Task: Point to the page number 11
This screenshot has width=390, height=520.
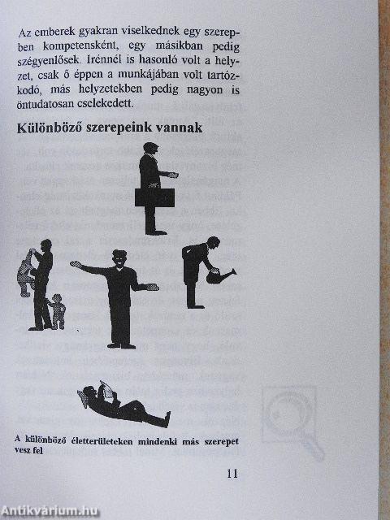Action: pos(232,474)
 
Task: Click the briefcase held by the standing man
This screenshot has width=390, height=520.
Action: pos(154,197)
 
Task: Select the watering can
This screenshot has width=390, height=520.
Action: pos(219,276)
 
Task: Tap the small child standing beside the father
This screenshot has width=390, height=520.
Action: pos(57,312)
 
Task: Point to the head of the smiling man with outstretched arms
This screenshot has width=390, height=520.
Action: pos(119,258)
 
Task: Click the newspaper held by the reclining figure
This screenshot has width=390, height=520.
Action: pos(106,390)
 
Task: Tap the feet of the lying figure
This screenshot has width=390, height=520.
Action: pos(167,418)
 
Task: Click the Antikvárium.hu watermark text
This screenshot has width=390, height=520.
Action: pos(49,511)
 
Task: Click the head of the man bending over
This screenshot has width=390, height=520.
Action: pos(213,243)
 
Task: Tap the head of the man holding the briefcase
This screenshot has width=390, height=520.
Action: pos(150,149)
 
